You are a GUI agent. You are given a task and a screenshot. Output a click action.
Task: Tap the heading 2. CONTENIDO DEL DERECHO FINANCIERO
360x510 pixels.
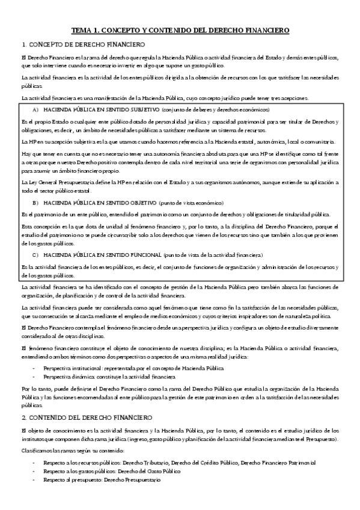click(x=87, y=400)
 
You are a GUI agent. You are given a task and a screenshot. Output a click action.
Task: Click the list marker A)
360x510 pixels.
click(x=35, y=110)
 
